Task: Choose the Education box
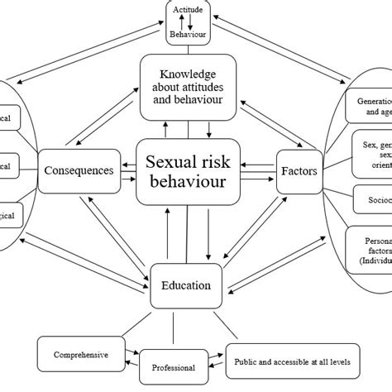[x=185, y=286]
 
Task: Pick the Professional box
[x=174, y=366]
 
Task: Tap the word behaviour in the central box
[x=188, y=184]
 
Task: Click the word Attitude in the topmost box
[x=189, y=9]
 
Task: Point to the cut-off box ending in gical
[x=13, y=216]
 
